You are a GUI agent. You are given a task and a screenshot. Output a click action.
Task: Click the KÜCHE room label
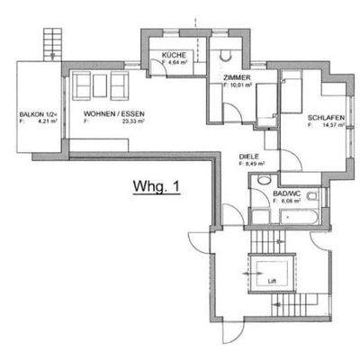(174, 57)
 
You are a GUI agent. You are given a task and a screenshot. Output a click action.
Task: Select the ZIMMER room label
(236, 79)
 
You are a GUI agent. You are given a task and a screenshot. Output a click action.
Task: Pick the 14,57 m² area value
(324, 126)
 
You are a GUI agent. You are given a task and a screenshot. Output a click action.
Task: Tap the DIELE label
(248, 156)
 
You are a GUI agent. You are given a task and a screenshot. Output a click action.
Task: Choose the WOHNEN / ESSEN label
(111, 113)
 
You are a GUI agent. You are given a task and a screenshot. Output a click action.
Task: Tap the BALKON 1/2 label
(38, 115)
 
